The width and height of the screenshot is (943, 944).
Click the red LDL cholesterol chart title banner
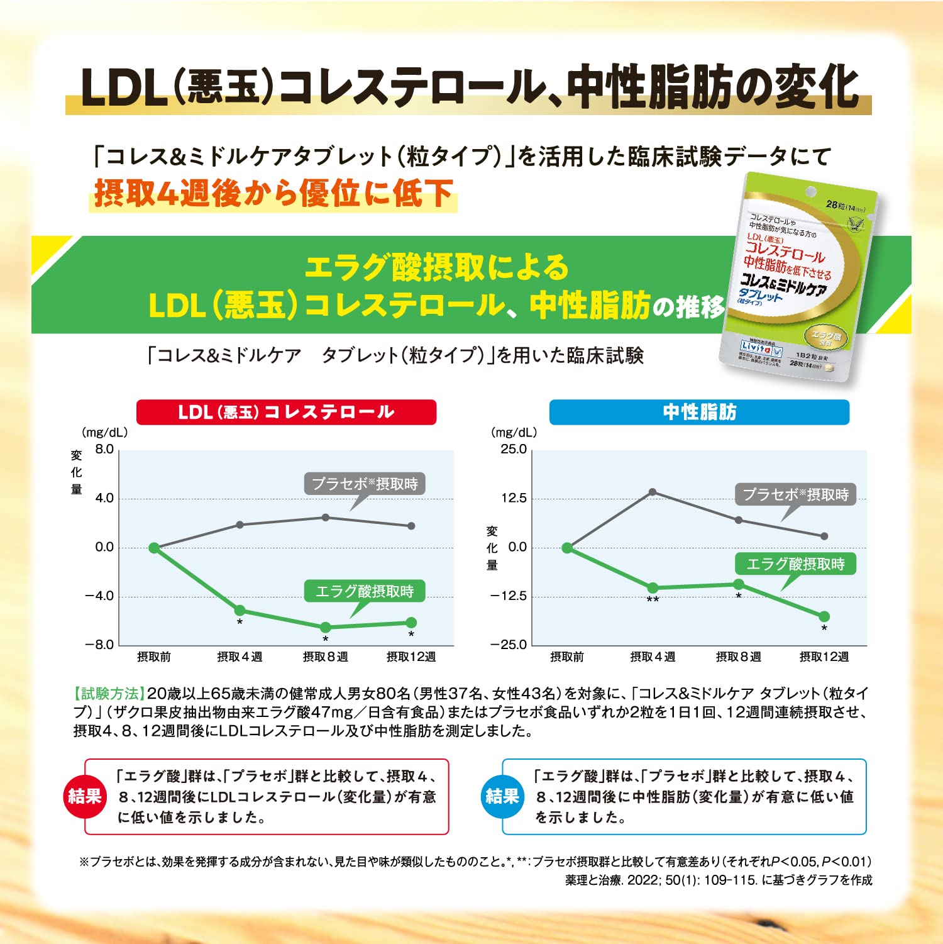tap(286, 412)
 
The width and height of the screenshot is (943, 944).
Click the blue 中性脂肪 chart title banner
tap(699, 412)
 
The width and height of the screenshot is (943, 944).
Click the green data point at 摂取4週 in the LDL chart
tap(240, 610)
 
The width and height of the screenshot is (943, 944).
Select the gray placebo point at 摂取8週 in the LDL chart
tap(326, 517)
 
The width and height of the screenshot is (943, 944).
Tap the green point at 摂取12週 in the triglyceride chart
tap(824, 616)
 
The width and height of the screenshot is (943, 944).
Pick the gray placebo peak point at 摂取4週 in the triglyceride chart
tap(653, 492)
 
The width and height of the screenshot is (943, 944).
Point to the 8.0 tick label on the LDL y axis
tap(104, 449)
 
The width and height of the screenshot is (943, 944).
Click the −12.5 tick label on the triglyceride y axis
tap(508, 596)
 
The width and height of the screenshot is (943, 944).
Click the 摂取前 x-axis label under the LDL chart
tap(154, 657)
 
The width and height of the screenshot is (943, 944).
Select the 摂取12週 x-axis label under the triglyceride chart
tap(824, 657)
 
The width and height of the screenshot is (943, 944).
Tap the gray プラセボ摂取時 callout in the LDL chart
tap(365, 484)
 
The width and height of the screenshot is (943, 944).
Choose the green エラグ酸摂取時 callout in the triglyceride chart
tap(795, 564)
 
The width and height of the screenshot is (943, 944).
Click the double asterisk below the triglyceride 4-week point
tap(653, 600)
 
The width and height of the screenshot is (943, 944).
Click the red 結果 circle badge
tap(84, 796)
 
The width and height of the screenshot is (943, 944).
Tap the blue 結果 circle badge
tap(502, 796)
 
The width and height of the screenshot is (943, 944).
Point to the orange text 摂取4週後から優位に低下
tap(273, 193)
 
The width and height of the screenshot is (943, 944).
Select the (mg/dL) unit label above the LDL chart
tap(104, 432)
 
